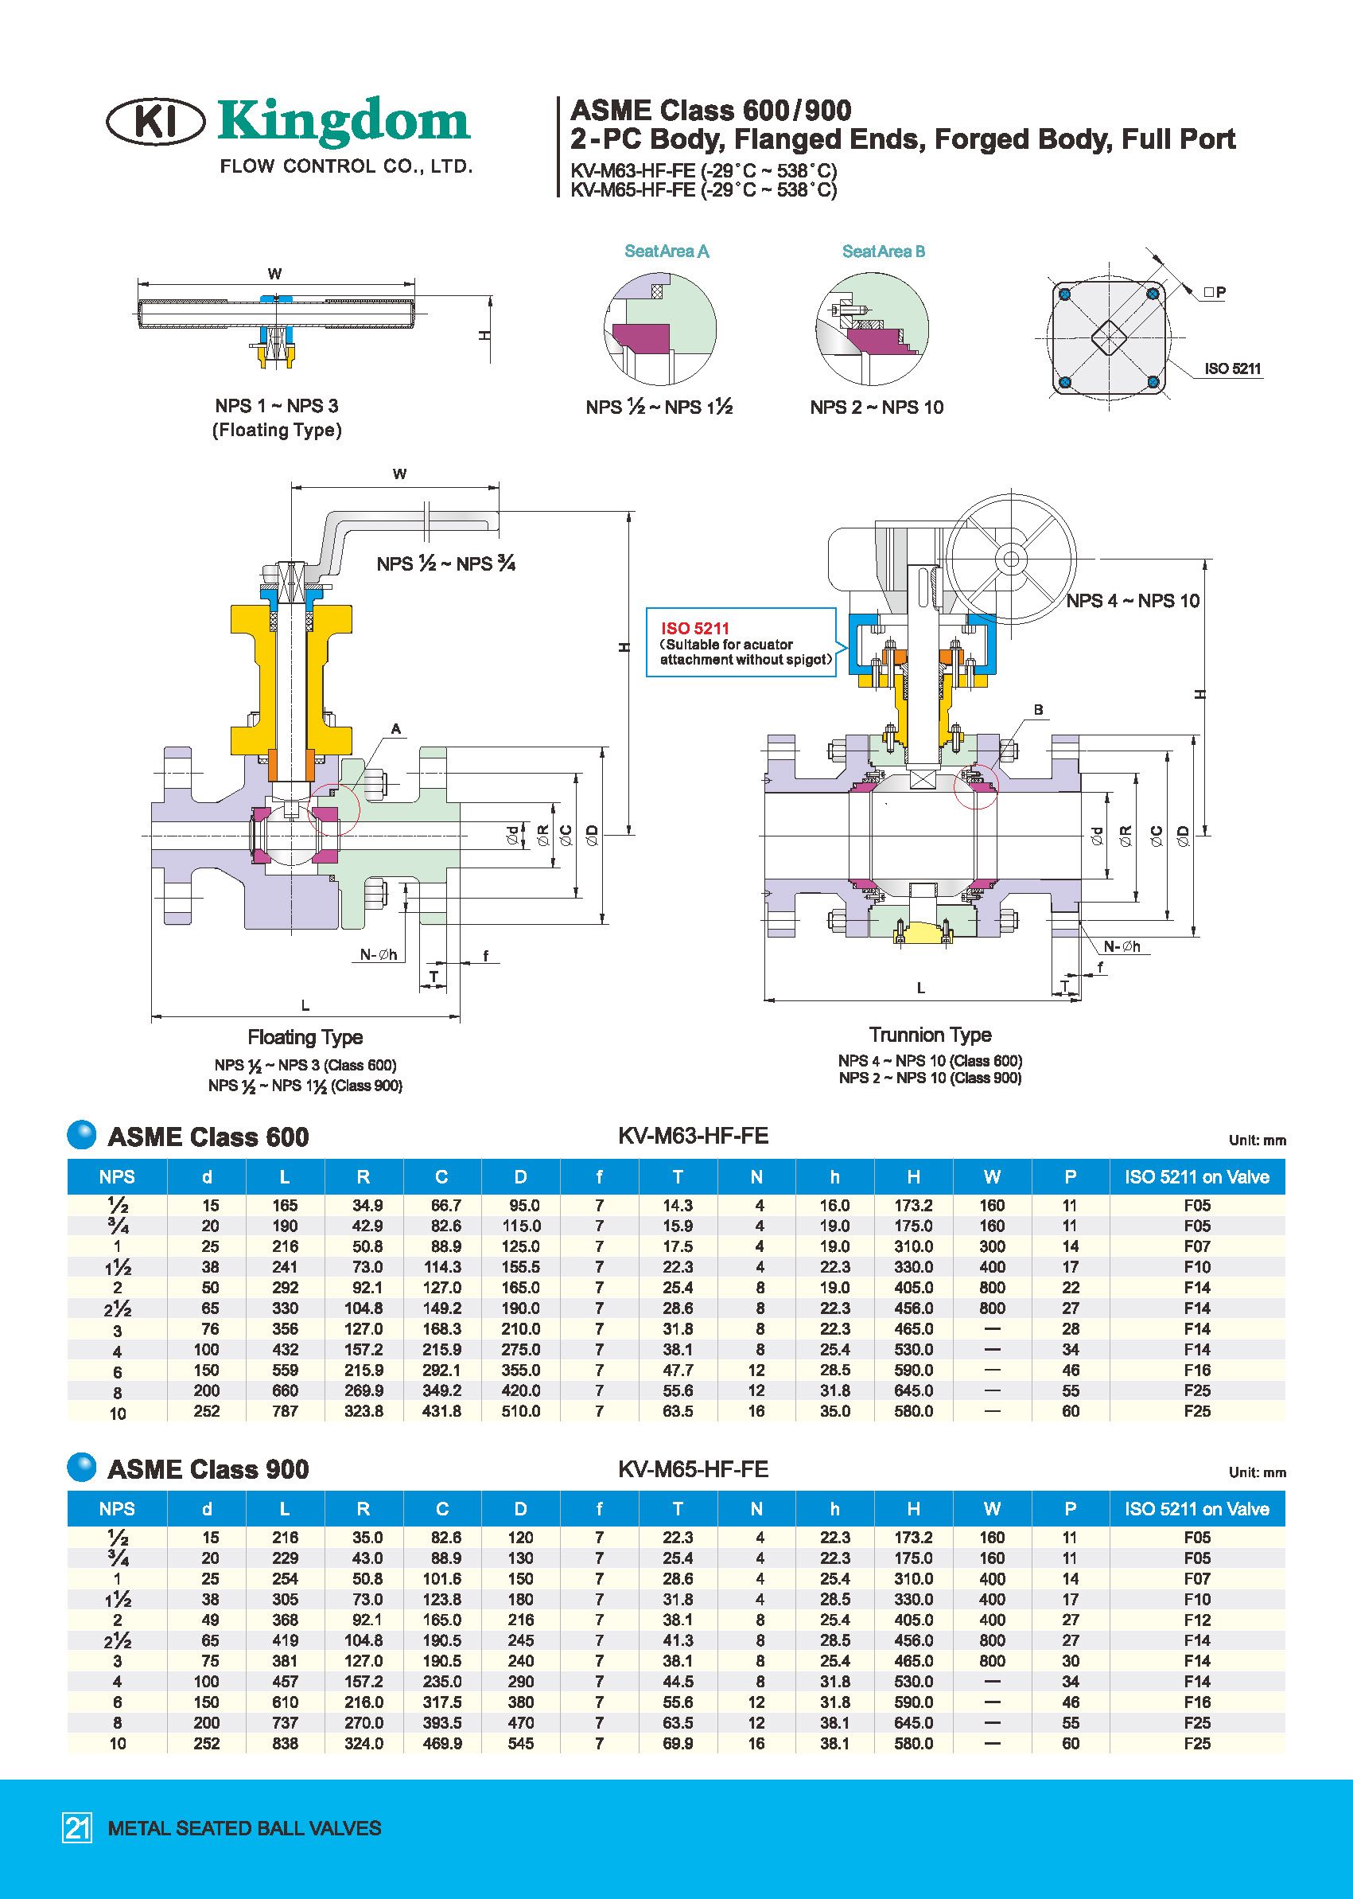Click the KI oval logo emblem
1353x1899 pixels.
pos(156,123)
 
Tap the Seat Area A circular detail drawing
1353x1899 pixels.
pos(659,327)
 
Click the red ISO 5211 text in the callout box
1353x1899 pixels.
pos(695,629)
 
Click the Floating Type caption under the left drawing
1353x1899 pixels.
pos(305,1037)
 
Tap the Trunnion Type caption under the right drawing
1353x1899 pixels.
pos(930,1035)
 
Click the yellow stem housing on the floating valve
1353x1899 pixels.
pos(291,680)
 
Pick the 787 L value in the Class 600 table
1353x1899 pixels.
pos(285,1411)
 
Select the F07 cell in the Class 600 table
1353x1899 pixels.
pos(1196,1246)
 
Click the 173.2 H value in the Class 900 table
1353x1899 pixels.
pos(913,1537)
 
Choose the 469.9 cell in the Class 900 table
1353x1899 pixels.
pos(441,1743)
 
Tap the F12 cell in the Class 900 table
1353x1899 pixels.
pos(1196,1620)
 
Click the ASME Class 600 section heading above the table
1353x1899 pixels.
pos(208,1137)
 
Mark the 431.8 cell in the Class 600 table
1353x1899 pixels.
pos(441,1411)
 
